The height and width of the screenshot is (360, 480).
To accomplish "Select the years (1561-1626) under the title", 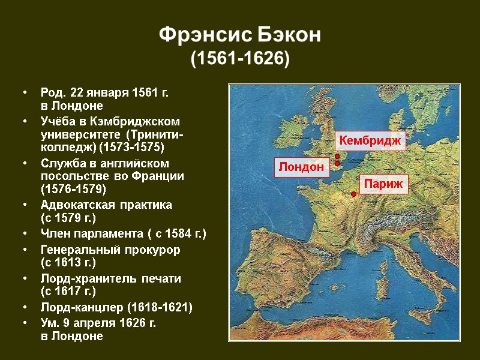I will pyautogui.click(x=240, y=59).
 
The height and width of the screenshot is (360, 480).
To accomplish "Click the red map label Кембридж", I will pyautogui.click(x=370, y=140).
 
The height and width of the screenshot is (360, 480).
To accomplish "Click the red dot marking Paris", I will pyautogui.click(x=354, y=194).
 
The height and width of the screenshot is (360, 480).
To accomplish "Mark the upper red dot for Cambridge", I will pyautogui.click(x=337, y=157).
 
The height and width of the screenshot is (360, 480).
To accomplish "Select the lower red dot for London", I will pyautogui.click(x=337, y=163).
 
